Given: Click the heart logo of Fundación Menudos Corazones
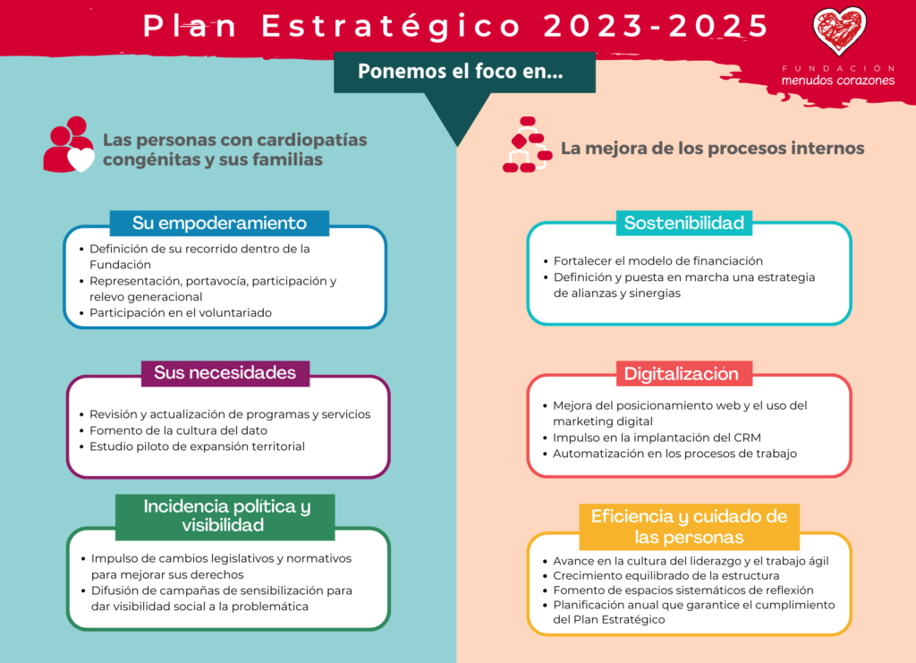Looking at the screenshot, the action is (839, 30).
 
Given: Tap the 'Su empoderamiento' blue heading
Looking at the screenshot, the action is (219, 223).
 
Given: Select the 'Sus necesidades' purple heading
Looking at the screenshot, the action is (225, 373).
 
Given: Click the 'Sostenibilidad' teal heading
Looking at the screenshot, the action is (684, 223).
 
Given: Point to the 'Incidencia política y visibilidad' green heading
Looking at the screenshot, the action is (225, 515).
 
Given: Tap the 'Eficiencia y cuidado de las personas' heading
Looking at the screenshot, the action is (690, 526).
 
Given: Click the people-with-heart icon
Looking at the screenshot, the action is (69, 144).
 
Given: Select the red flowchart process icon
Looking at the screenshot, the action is (528, 144).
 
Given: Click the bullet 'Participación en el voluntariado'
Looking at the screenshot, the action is (181, 313).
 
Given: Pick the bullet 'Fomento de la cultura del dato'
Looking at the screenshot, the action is (178, 430).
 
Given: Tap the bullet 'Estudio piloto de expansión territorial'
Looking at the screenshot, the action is (197, 446).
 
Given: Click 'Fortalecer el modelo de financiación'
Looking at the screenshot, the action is (657, 261).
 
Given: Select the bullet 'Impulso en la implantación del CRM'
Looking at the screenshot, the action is (657, 438).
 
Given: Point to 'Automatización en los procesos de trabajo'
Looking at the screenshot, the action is (674, 454).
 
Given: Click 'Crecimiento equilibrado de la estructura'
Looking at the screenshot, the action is (666, 576).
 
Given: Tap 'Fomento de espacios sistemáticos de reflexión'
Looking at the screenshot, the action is (683, 591).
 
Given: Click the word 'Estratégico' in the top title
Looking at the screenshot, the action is (391, 26).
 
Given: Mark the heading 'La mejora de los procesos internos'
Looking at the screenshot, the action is (713, 149).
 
